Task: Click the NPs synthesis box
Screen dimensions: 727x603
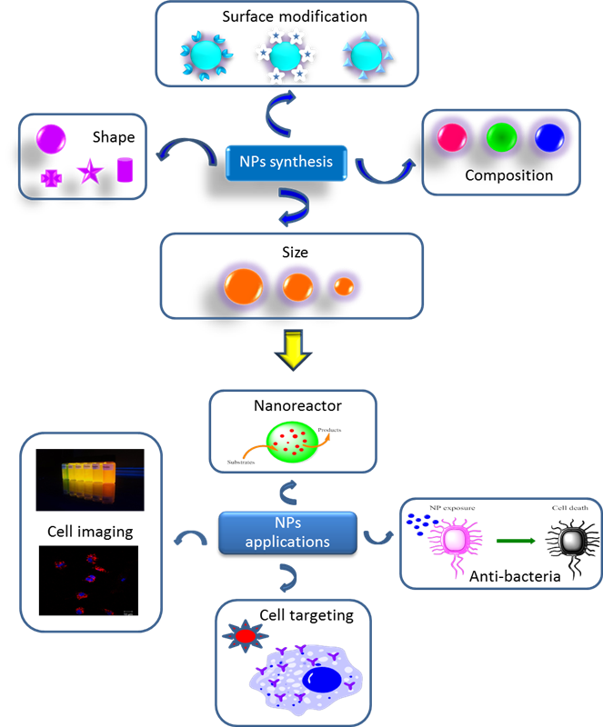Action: click(286, 163)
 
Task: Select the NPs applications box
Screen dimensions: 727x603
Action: click(287, 533)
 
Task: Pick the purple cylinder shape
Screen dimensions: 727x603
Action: click(125, 170)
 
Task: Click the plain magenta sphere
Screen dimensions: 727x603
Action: click(51, 138)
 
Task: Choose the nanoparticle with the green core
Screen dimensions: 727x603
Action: click(499, 138)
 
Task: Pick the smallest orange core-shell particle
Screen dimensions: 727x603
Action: click(344, 285)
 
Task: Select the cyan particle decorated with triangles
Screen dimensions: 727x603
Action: click(367, 55)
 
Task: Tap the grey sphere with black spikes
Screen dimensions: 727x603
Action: click(571, 543)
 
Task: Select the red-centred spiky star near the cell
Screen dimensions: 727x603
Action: click(245, 637)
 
